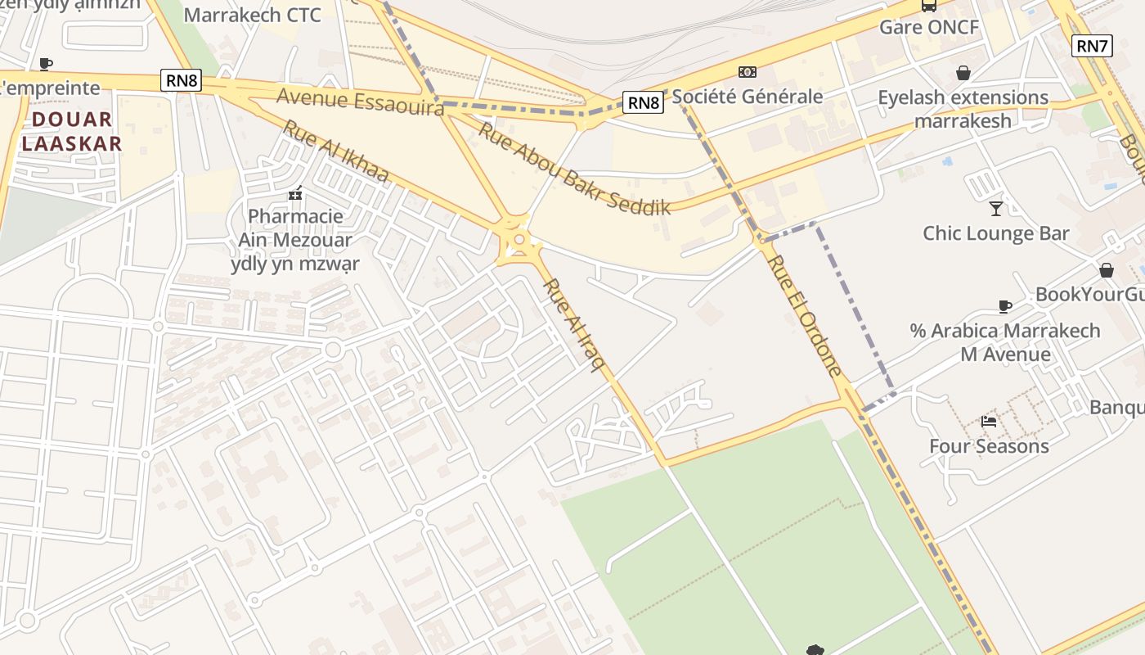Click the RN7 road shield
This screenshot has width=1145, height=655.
pyautogui.click(x=1092, y=46)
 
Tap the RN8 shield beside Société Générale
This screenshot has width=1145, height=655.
pyautogui.click(x=643, y=102)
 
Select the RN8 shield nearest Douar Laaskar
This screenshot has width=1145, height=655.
pyautogui.click(x=181, y=79)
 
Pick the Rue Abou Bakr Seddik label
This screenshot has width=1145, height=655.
pyautogui.click(x=574, y=169)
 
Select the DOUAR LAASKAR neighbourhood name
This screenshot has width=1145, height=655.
pyautogui.click(x=72, y=132)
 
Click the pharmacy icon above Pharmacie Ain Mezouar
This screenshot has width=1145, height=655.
pyautogui.click(x=295, y=194)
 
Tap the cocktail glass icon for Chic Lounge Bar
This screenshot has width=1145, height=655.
pyautogui.click(x=995, y=208)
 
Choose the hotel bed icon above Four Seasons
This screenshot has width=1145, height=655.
pyautogui.click(x=989, y=422)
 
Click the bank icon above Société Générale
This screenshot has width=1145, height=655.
pyautogui.click(x=747, y=72)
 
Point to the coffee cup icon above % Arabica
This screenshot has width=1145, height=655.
pyautogui.click(x=1005, y=306)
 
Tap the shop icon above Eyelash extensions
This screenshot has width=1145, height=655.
pyautogui.click(x=963, y=73)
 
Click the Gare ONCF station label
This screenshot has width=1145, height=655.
pyautogui.click(x=928, y=27)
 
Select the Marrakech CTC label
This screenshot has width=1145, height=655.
pyautogui.click(x=252, y=15)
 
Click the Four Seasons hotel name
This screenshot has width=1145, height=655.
pyautogui.click(x=989, y=446)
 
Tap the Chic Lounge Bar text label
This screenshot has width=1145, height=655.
pyautogui.click(x=995, y=233)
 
